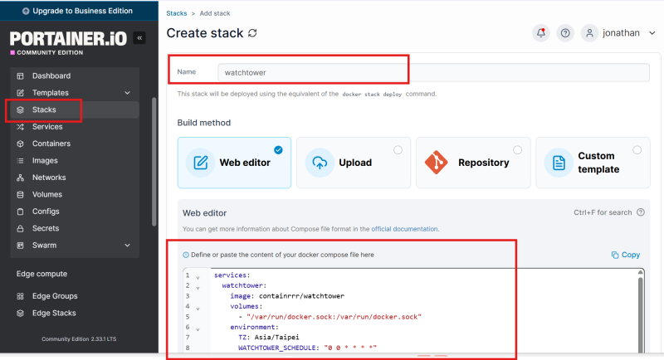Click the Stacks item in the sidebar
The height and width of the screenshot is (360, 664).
pyautogui.click(x=44, y=109)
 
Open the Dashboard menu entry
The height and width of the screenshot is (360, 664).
pyautogui.click(x=51, y=75)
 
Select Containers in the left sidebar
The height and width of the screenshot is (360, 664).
pyautogui.click(x=51, y=144)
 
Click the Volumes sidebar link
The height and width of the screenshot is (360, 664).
pyautogui.click(x=47, y=194)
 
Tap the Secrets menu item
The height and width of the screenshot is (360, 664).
pyautogui.click(x=46, y=228)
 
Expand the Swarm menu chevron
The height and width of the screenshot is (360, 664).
pyautogui.click(x=128, y=246)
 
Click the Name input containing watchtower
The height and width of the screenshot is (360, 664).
pyautogui.click(x=433, y=72)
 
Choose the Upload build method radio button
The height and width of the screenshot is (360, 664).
pyautogui.click(x=398, y=150)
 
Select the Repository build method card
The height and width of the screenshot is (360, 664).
pyautogui.click(x=473, y=163)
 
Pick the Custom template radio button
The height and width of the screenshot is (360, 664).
pyautogui.click(x=637, y=150)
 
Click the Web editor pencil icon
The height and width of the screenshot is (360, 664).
pyautogui.click(x=200, y=163)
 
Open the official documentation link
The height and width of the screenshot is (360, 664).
pyautogui.click(x=404, y=229)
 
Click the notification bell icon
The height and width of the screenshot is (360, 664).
pyautogui.click(x=541, y=33)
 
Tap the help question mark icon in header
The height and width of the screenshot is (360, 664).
pyautogui.click(x=565, y=33)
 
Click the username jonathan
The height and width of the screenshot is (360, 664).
pyautogui.click(x=621, y=33)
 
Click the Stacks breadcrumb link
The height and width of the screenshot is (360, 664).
pyautogui.click(x=177, y=13)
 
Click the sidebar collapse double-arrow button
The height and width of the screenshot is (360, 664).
pyautogui.click(x=139, y=38)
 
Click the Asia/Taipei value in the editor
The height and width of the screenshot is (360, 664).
pyautogui.click(x=276, y=337)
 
